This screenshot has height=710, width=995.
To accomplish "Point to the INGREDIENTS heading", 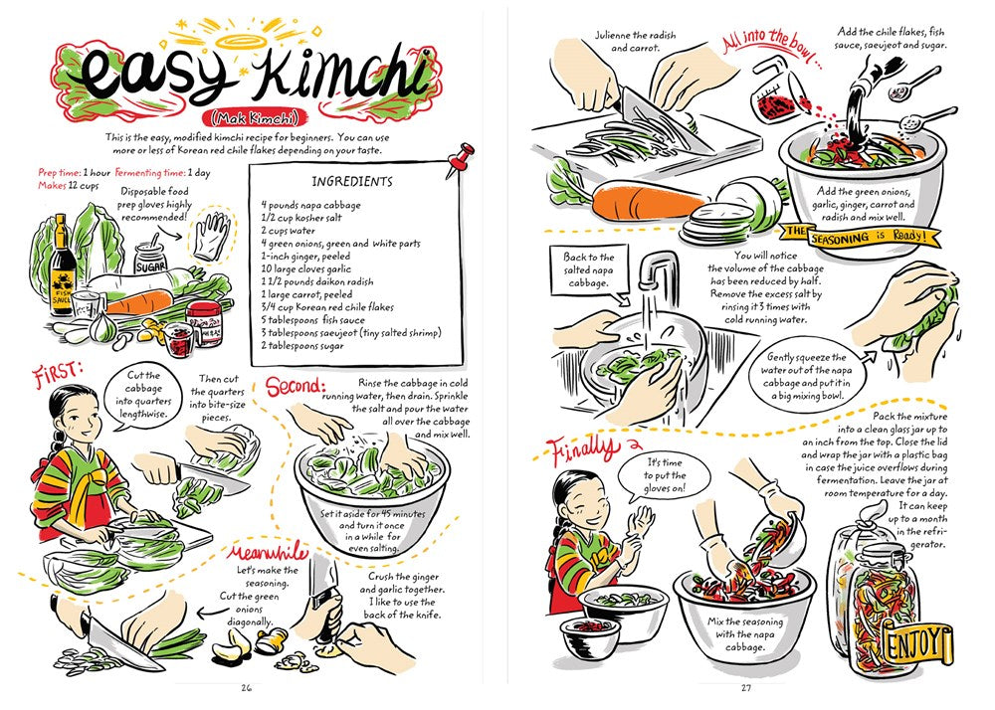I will pyautogui.click(x=353, y=182).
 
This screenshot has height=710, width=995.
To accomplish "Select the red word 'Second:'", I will pyautogui.click(x=294, y=384).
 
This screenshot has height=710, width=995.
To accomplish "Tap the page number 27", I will pyautogui.click(x=746, y=686).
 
